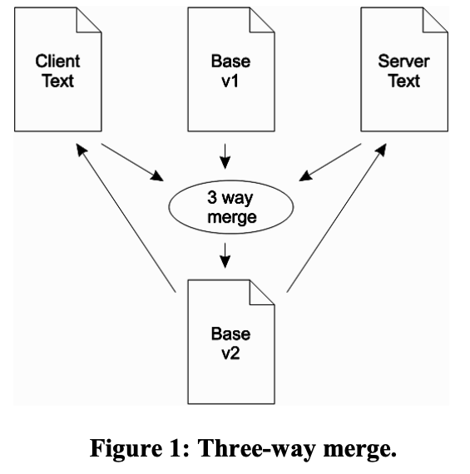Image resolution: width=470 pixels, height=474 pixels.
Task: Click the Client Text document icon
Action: click(57, 69)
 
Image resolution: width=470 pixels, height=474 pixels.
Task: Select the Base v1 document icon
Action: click(231, 69)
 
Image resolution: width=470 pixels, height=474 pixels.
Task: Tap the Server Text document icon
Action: click(404, 69)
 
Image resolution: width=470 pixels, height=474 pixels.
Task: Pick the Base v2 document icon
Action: click(231, 342)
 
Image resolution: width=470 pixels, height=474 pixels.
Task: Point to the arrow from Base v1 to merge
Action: click(225, 156)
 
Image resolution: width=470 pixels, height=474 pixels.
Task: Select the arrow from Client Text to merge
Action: click(132, 162)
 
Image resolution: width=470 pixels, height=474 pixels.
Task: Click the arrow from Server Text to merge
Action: click(330, 162)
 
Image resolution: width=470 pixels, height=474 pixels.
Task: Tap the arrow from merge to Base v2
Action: click(225, 255)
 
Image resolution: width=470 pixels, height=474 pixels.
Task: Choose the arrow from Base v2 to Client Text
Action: click(126, 218)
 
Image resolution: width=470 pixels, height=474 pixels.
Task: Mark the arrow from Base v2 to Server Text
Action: click(337, 218)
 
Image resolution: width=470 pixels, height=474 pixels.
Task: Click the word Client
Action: click(57, 62)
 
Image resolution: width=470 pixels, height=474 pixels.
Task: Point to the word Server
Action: click(403, 62)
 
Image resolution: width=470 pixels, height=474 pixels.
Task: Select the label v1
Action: click(230, 81)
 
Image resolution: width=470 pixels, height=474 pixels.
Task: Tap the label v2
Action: click(230, 353)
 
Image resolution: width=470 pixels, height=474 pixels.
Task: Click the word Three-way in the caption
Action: click(257, 448)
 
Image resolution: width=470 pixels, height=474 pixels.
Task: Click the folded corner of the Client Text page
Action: click(89, 20)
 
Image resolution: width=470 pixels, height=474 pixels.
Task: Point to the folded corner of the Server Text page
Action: click(435, 20)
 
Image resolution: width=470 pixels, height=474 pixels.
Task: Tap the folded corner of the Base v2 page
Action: click(262, 293)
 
